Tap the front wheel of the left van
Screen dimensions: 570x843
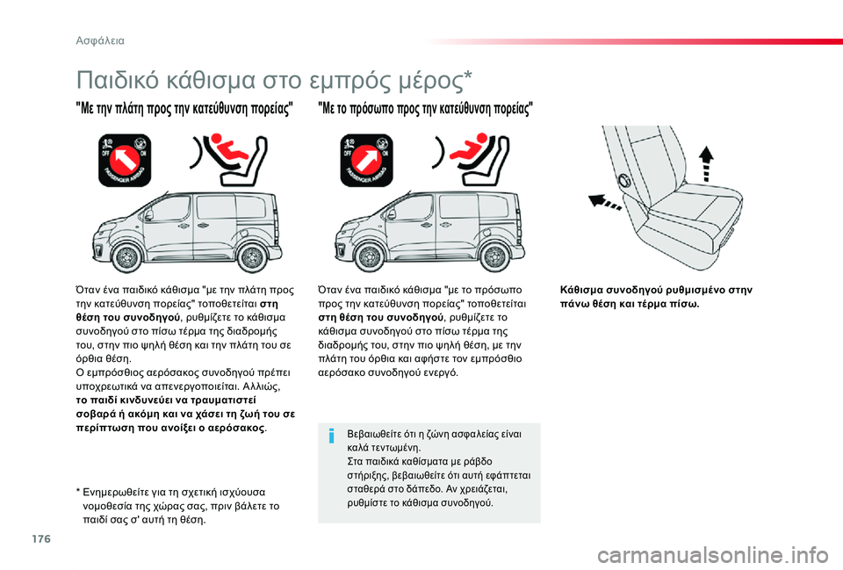(x=127, y=257)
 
